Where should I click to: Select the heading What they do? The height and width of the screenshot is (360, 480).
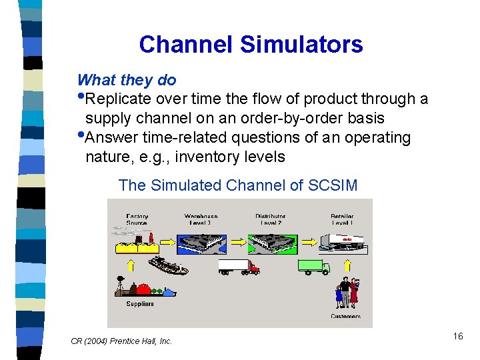[127, 80]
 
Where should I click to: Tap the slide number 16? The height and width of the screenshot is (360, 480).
[457, 336]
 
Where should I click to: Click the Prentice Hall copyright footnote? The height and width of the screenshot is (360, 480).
[121, 341]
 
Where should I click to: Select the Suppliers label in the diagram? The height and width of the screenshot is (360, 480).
[140, 303]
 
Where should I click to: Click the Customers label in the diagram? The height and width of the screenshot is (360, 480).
[345, 316]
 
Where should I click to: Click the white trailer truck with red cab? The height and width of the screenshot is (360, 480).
[239, 267]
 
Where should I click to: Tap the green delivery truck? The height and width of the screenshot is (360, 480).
[313, 267]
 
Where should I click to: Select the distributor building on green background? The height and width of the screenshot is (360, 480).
[271, 241]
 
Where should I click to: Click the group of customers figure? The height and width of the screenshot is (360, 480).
[347, 293]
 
